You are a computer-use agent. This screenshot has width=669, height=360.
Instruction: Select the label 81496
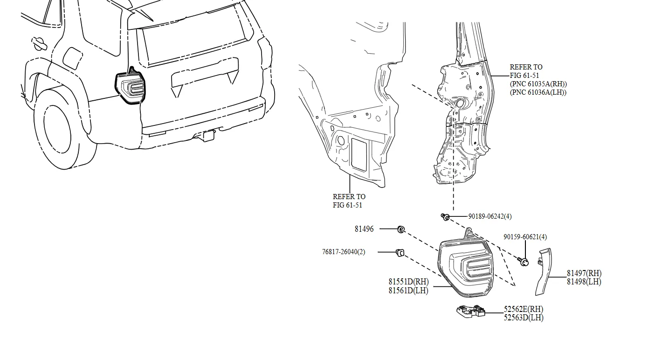coord(364,229)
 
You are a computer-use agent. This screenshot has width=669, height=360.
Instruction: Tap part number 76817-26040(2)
coord(344,252)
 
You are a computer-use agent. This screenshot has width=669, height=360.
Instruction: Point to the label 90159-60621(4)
coord(525,237)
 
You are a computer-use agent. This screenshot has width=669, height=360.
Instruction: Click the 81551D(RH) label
coord(408,282)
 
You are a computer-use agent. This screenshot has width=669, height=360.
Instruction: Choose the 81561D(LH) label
coord(408,291)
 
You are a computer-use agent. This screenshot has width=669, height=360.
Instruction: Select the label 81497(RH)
coord(584,273)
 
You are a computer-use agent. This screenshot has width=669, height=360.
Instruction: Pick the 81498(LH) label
coord(584,282)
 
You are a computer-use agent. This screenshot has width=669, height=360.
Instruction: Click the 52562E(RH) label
coord(523,309)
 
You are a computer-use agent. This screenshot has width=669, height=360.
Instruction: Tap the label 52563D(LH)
coord(523,318)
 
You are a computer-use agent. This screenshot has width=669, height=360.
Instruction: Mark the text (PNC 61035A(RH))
coord(538,84)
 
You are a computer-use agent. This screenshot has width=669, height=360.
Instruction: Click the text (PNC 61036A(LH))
coord(538,92)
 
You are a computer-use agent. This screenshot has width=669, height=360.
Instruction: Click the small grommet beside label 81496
coord(400,229)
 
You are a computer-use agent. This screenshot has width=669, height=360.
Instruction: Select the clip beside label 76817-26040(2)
coord(400,252)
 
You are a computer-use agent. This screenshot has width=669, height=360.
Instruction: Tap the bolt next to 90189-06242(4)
coord(445,216)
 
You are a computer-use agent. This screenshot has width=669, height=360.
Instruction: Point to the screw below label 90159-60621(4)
coord(524,261)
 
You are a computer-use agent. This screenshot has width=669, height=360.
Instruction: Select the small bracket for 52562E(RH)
coord(470,311)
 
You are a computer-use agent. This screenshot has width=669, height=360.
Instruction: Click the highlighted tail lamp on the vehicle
coord(130,87)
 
